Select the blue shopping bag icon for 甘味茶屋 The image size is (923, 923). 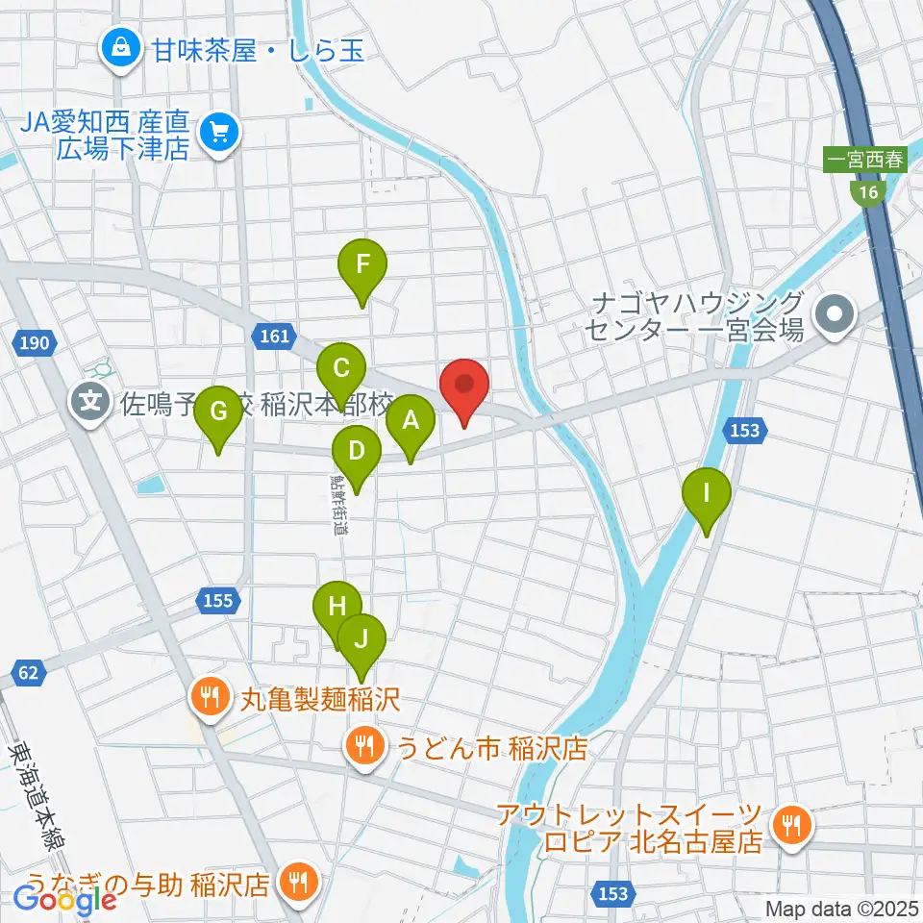[122, 47]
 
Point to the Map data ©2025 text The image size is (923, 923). [841, 908]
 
